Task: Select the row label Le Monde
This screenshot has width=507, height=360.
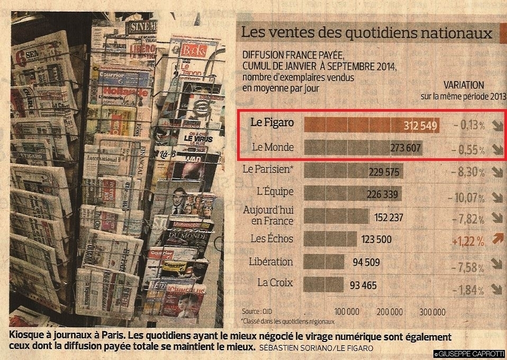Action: pyautogui.click(x=271, y=147)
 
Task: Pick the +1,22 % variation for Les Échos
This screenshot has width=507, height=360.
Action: pyautogui.click(x=468, y=241)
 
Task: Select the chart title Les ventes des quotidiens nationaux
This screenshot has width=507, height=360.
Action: pyautogui.click(x=365, y=33)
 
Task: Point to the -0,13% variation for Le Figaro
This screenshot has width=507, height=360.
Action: pyautogui.click(x=469, y=125)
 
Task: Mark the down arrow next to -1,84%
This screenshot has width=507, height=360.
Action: pyautogui.click(x=496, y=289)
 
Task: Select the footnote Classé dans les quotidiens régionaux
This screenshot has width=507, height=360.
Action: pyautogui.click(x=288, y=321)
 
